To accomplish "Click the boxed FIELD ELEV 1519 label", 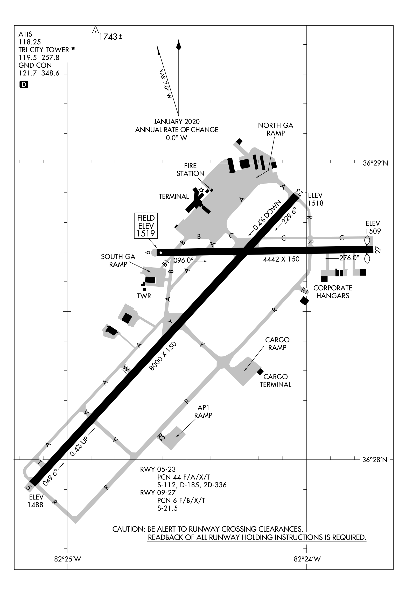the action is (x=146, y=226).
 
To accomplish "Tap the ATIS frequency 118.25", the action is (x=30, y=42).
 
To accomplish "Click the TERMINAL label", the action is (x=174, y=196).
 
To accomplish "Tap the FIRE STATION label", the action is (x=190, y=170).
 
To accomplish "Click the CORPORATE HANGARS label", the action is (x=333, y=292).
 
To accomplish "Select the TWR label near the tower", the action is (x=144, y=296).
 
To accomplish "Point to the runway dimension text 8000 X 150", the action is (x=163, y=356).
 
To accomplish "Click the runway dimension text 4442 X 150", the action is (x=281, y=259).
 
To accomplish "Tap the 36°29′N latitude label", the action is (x=375, y=163).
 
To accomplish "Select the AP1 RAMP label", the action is (x=203, y=411).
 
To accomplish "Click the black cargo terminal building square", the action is (x=260, y=372).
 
